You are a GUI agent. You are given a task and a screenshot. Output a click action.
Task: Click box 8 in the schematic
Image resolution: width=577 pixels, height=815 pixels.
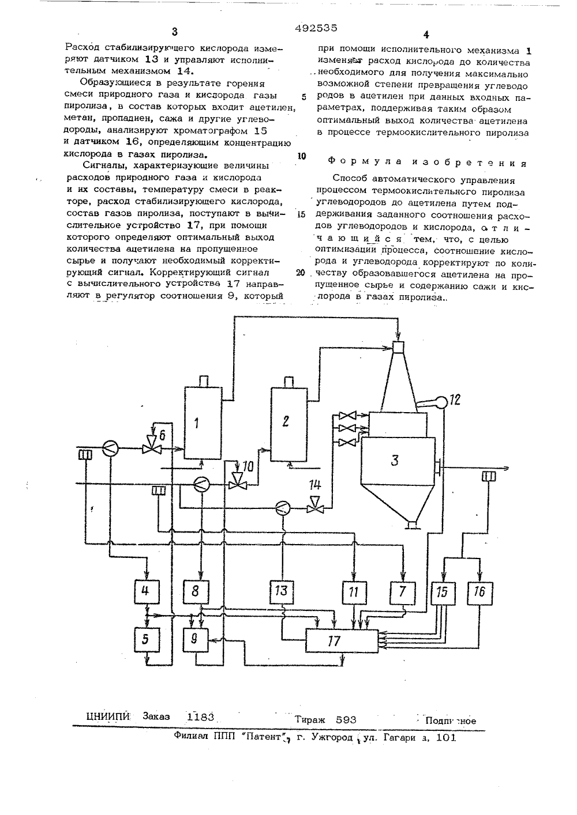tap(196, 591)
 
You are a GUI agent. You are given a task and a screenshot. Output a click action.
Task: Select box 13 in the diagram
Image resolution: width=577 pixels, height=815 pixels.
tap(282, 591)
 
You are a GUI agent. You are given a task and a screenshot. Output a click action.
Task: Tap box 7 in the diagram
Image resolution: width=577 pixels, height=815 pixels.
tap(403, 593)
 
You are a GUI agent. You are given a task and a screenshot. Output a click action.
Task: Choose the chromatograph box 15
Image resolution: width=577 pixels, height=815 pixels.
tap(443, 593)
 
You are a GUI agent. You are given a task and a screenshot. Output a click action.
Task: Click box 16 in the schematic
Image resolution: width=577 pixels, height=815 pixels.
tap(479, 593)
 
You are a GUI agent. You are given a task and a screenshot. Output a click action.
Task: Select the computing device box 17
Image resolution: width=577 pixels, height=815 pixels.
tap(342, 641)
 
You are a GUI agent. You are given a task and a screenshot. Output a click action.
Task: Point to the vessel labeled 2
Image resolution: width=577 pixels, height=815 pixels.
tap(289, 424)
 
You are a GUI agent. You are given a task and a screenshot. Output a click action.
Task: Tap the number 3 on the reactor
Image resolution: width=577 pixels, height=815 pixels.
tap(395, 461)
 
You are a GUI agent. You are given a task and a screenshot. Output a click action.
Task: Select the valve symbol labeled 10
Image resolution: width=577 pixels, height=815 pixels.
tap(237, 484)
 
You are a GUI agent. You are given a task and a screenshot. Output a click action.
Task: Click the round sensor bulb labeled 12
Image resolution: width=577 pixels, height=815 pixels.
tap(442, 401)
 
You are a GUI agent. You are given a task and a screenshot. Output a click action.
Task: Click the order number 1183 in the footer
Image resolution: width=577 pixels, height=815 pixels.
tap(200, 717)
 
